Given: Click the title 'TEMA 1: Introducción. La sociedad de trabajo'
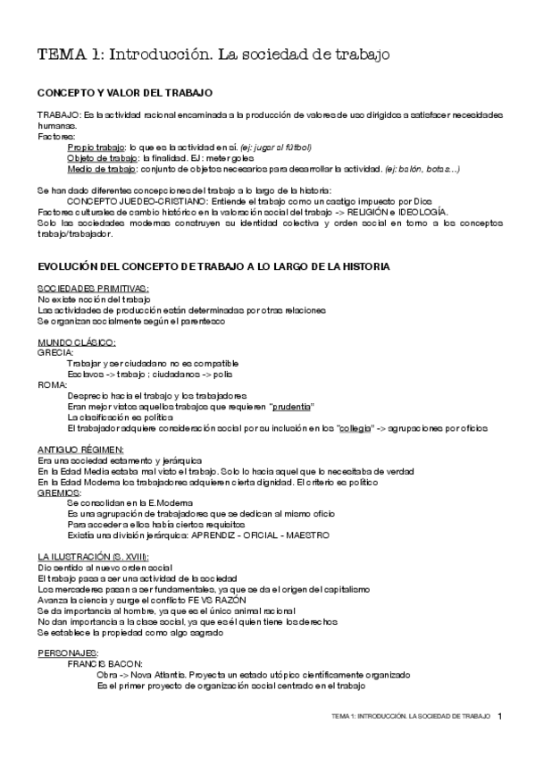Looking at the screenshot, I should coord(213,56).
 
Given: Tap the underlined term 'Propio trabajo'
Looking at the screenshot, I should coord(96,147).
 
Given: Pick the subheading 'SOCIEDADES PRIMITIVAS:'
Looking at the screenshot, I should coord(93,289).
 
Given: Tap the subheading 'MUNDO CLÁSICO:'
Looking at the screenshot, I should coord(77,342).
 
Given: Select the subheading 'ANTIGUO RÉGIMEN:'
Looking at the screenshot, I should coord(81,450).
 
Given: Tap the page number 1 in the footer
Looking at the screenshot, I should coord(501,716).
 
